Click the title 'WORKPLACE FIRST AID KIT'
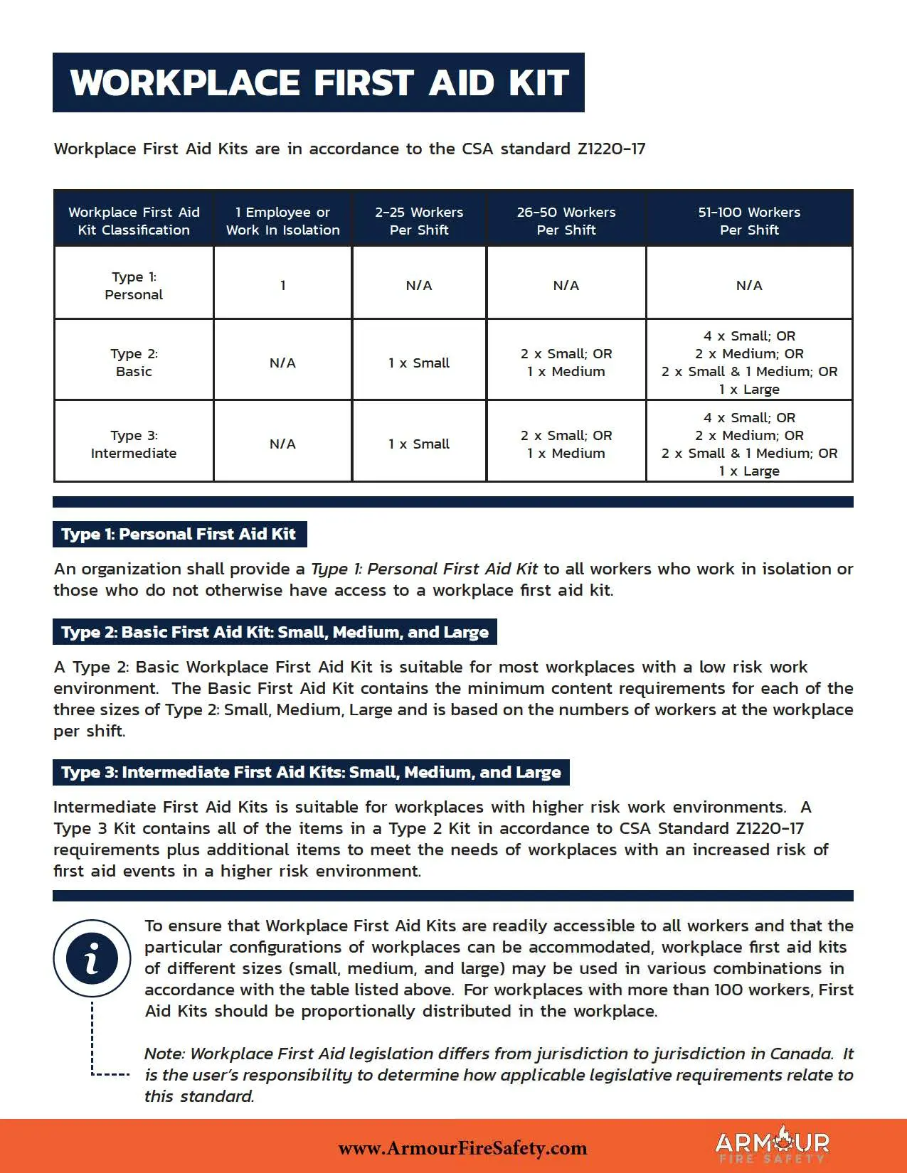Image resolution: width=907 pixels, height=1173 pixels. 319,82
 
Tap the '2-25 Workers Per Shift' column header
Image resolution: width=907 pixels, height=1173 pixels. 419,221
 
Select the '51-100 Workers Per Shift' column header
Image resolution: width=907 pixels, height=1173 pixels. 749,221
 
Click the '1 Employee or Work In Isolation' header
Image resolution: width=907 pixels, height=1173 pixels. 282,221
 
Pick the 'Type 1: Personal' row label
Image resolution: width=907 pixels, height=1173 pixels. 134,286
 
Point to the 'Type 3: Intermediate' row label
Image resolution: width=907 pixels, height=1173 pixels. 134,444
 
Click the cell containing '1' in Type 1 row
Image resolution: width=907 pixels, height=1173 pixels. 282,286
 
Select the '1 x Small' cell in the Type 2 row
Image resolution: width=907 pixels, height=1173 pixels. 419,363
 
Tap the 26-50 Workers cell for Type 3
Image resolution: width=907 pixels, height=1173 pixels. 566,444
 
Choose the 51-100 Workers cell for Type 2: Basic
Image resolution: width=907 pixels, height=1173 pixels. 749,363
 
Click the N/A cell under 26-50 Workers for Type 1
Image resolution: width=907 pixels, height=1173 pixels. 566,286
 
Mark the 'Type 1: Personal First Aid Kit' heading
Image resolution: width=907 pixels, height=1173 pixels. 179,535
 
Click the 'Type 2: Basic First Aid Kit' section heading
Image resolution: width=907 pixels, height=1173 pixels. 275,632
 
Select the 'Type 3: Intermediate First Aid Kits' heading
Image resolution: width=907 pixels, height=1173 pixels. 311,772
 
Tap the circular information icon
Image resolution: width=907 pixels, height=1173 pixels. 92,958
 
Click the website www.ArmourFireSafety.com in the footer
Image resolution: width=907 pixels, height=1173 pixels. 462,1148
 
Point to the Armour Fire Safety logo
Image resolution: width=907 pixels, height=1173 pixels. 772,1145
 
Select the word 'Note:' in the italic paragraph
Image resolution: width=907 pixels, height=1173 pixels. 164,1054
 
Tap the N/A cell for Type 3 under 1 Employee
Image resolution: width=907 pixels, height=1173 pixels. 282,444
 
